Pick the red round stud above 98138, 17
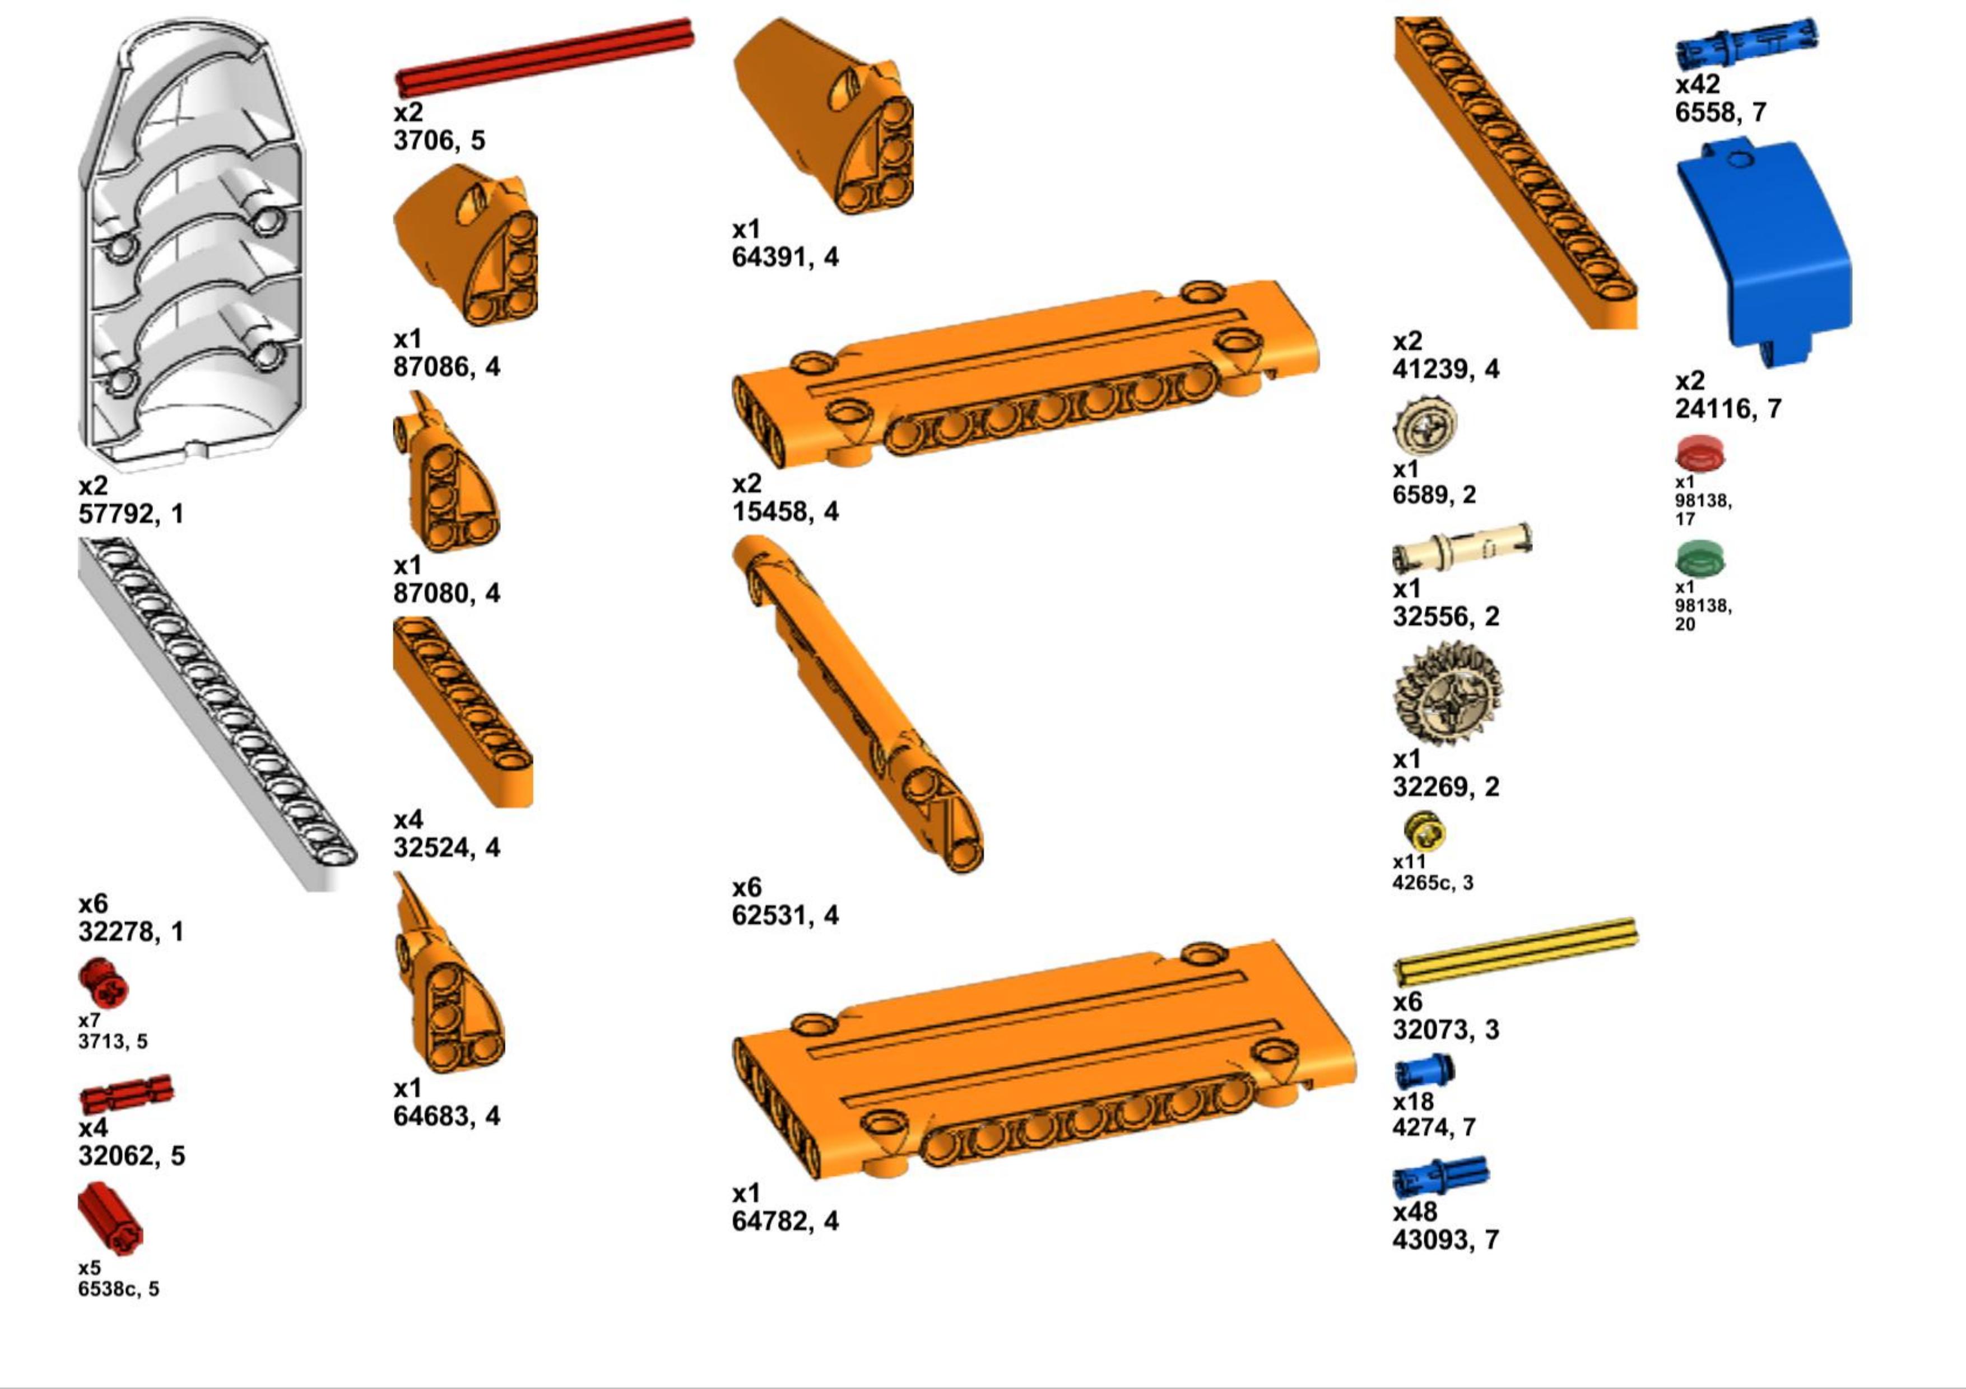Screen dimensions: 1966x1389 click(1700, 454)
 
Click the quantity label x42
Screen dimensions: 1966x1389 click(1697, 85)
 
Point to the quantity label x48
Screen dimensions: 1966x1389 click(1415, 1212)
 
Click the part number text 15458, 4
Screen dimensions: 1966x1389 click(785, 512)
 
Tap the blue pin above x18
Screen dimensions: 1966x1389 click(1425, 1071)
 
